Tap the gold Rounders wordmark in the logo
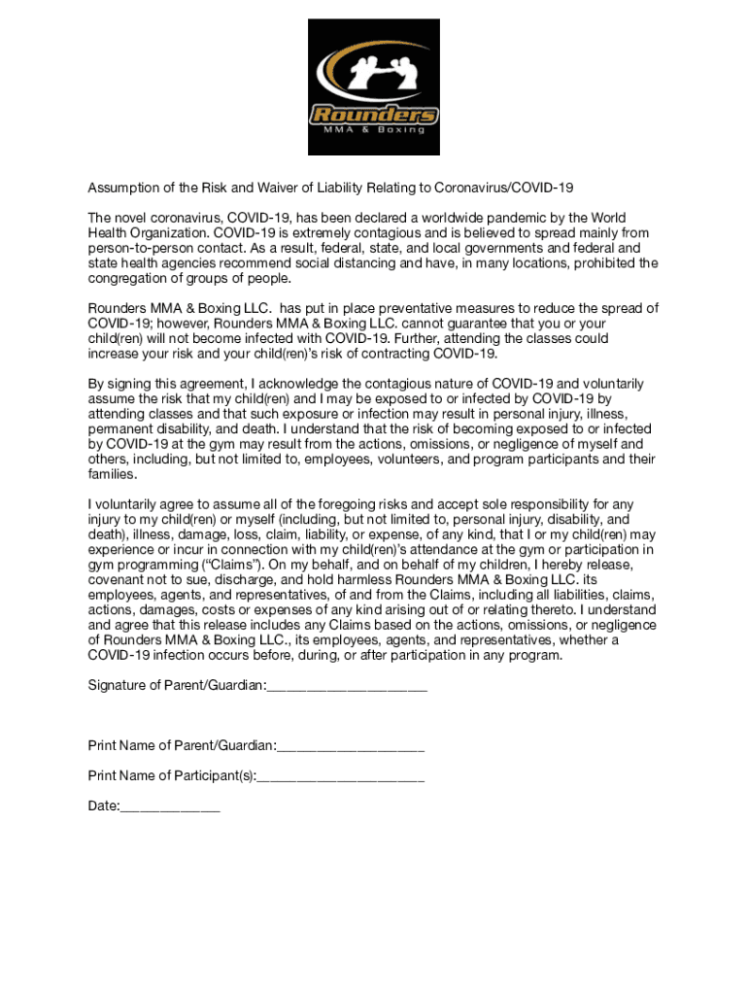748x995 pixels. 374,116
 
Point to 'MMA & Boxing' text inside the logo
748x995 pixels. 374,130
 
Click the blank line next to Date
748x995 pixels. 170,807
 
